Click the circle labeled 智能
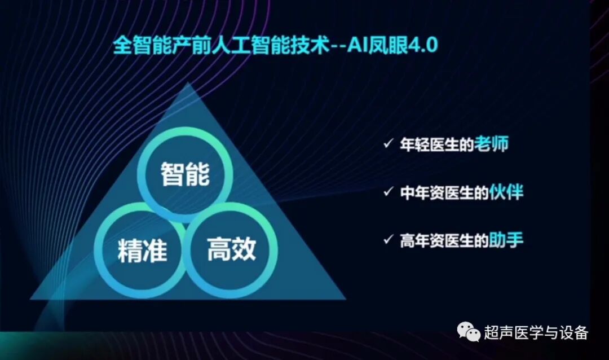click(x=185, y=174)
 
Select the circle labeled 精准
click(x=142, y=250)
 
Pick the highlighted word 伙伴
click(x=507, y=192)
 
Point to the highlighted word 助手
click(x=507, y=241)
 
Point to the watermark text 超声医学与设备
click(x=536, y=333)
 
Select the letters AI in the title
click(x=356, y=46)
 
